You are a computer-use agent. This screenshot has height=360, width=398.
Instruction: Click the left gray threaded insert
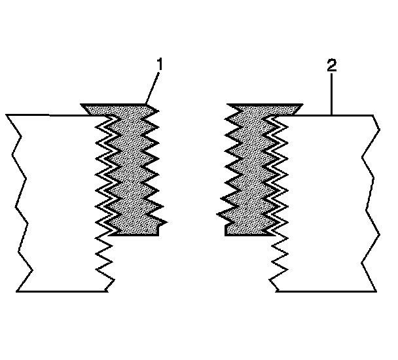point(131,170)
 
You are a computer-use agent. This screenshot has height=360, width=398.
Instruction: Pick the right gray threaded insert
point(249,170)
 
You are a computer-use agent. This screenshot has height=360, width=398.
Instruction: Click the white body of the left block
point(59,203)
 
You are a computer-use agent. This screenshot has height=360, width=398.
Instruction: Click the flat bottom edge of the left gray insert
point(135,234)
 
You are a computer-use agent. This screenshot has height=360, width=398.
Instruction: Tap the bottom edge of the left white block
point(62,291)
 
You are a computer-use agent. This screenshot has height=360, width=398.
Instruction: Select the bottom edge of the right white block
point(324,291)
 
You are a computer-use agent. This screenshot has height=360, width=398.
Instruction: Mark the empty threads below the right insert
point(278,262)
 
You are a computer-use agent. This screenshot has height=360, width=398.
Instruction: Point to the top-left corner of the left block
point(7,115)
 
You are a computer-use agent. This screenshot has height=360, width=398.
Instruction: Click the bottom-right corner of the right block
point(377,290)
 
